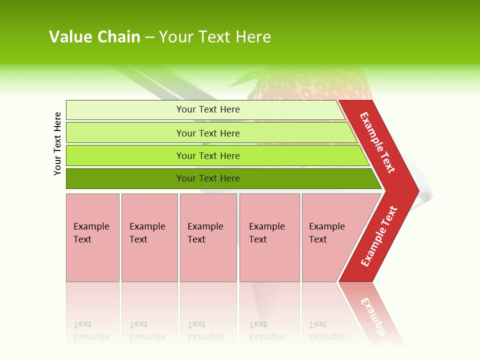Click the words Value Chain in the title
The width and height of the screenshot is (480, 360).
click(x=94, y=37)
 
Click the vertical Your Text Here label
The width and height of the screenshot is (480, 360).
click(x=57, y=143)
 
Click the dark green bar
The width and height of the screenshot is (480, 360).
click(x=125, y=178)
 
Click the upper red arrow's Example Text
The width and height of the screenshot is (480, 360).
click(x=377, y=142)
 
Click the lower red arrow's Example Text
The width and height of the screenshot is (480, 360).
click(x=379, y=236)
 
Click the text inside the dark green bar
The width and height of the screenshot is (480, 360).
click(x=208, y=178)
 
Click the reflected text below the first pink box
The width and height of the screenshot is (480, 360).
click(x=91, y=330)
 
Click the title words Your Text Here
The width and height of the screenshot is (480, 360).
click(x=215, y=37)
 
